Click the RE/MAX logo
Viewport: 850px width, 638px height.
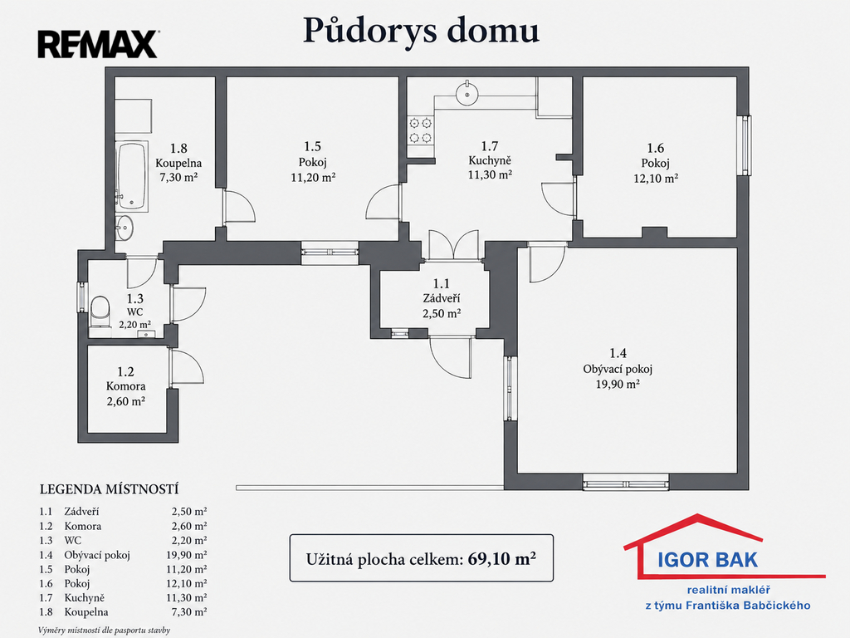(98, 45)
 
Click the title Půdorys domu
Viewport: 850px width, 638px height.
(421, 31)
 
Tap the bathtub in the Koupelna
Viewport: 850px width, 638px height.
(131, 176)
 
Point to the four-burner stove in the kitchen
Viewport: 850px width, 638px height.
(421, 130)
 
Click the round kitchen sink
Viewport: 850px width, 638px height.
(467, 94)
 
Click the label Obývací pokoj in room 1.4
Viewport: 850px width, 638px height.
(618, 370)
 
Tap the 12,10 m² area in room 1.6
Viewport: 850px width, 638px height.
(656, 179)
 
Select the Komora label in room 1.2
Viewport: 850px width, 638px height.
(126, 386)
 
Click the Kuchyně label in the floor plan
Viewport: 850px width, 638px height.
(490, 160)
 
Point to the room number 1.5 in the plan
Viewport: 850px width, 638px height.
(312, 146)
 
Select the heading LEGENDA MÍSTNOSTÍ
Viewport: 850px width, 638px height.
(109, 489)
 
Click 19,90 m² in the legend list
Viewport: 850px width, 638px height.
(187, 555)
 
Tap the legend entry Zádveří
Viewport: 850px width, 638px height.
(81, 512)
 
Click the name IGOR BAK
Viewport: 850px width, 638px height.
(707, 560)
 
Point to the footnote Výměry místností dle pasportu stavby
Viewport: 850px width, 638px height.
(104, 631)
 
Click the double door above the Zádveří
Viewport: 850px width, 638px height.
(454, 245)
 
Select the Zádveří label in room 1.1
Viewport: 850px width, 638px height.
(442, 298)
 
